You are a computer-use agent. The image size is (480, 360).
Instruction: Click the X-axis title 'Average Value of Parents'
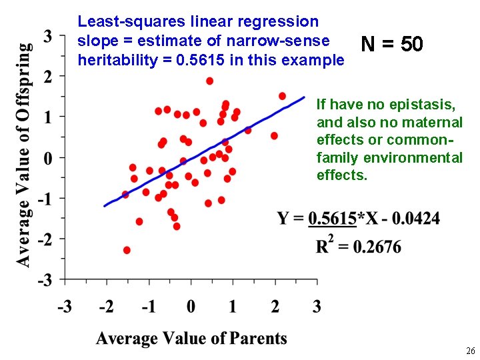191,338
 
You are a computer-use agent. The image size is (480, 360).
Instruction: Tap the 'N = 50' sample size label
391,45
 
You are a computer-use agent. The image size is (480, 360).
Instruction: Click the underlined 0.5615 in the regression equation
332,219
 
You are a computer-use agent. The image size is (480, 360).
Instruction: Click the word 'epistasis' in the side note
431,105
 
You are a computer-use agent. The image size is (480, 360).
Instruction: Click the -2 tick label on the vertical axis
45,239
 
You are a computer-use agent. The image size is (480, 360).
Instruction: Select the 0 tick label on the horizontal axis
191,307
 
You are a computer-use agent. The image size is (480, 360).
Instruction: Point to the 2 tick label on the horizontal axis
275,307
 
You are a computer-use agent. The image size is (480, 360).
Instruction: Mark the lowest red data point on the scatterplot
127,250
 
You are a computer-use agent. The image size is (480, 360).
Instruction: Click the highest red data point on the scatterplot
209,81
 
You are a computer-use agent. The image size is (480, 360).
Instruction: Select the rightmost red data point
282,96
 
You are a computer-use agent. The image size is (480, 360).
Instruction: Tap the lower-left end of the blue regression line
105,206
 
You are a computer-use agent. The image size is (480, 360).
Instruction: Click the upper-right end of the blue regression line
303,97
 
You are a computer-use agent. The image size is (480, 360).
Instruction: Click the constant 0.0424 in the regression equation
418,219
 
